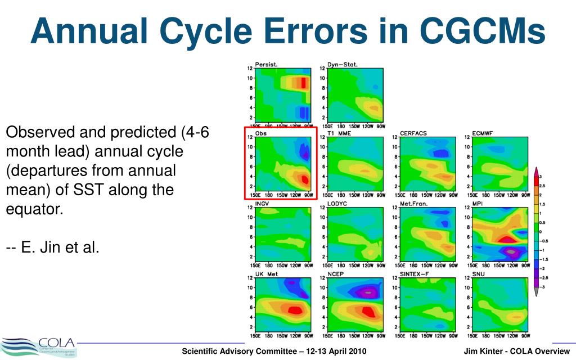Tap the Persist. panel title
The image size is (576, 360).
coord(265,64)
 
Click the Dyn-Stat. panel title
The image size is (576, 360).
coord(342,64)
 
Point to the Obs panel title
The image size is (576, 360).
coord(260,133)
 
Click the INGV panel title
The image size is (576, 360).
coord(262,203)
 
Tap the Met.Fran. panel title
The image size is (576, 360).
coord(414,203)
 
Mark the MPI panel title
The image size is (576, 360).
coord(478,203)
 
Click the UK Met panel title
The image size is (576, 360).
coord(266,274)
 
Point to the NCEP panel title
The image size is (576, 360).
coord(336,274)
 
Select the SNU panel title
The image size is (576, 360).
coord(478,274)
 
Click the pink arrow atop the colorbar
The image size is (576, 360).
coord(537,172)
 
